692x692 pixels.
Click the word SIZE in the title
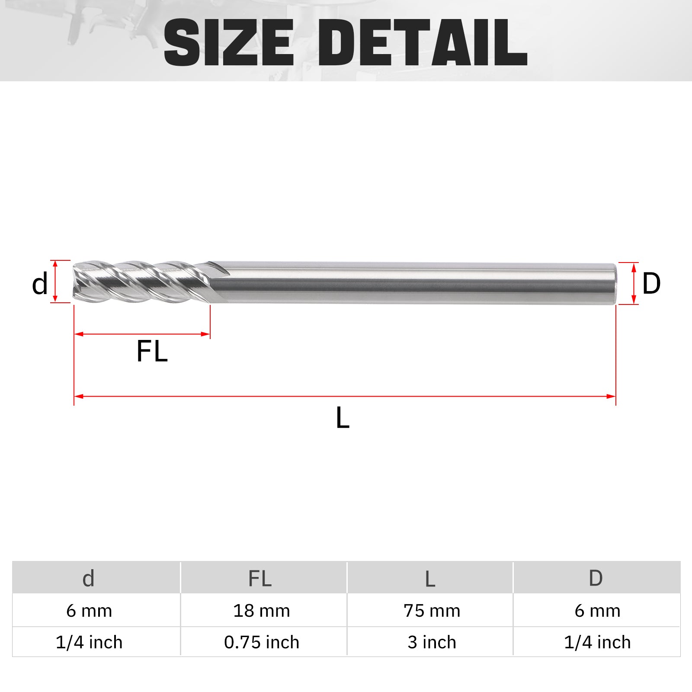(229, 42)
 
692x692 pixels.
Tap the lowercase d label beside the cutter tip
(40, 284)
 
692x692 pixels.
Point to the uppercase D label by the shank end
(651, 284)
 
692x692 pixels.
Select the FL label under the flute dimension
(152, 351)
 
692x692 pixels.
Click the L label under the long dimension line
(343, 418)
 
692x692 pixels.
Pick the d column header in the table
(88, 578)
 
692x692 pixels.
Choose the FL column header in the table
(260, 578)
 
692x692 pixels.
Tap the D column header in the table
(596, 578)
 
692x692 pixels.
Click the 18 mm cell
(261, 611)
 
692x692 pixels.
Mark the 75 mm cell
(432, 611)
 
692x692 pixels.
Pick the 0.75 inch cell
(261, 642)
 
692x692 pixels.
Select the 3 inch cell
(432, 642)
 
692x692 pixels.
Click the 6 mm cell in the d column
(89, 611)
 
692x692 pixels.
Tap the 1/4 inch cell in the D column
(597, 642)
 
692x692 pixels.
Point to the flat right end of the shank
(614, 283)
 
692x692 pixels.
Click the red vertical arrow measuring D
(634, 283)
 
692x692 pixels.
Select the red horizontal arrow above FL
(142, 334)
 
